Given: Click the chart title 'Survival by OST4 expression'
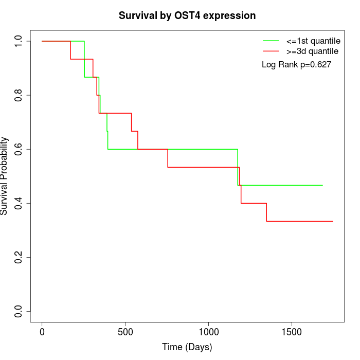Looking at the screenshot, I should tap(187, 15).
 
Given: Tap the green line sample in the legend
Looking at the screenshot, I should tap(271, 41).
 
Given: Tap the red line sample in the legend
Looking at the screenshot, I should tap(271, 51).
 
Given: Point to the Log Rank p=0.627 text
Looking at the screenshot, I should tap(296, 65).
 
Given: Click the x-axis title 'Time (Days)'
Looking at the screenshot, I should tap(187, 347).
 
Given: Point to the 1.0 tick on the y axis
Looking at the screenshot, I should tap(19, 41).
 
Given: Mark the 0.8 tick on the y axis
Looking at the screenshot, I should tap(19, 95).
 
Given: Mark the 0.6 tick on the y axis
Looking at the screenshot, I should tap(19, 149).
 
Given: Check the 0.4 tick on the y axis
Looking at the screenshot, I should tap(19, 203).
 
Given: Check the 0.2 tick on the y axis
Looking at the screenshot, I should tap(19, 257).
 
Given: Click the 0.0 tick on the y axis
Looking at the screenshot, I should tap(19, 311).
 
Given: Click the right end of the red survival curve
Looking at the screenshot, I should tap(333, 221).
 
